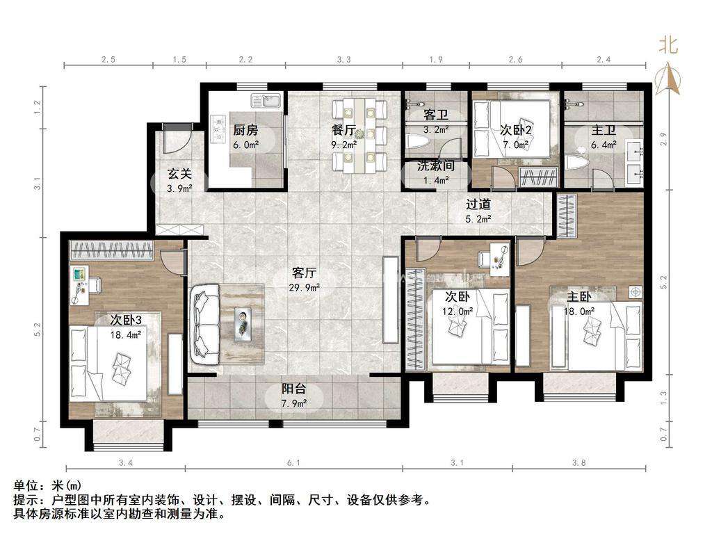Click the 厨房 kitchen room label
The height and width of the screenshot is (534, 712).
click(245, 130)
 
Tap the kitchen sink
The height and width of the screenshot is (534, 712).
click(266, 101)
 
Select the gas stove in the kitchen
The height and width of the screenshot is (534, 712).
click(219, 128)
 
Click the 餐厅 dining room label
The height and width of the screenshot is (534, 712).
click(343, 130)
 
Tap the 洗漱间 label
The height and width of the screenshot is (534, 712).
click(436, 165)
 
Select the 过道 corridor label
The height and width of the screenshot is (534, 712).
click(478, 204)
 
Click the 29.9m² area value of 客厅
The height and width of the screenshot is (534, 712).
click(305, 287)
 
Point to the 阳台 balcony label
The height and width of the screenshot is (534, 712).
click(294, 389)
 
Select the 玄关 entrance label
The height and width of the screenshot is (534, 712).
click(179, 173)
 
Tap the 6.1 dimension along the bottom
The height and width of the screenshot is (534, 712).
click(293, 462)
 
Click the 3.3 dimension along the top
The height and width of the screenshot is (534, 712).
click(343, 59)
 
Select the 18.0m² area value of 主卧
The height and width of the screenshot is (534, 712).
click(579, 312)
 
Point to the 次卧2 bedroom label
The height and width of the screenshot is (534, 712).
click(516, 130)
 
